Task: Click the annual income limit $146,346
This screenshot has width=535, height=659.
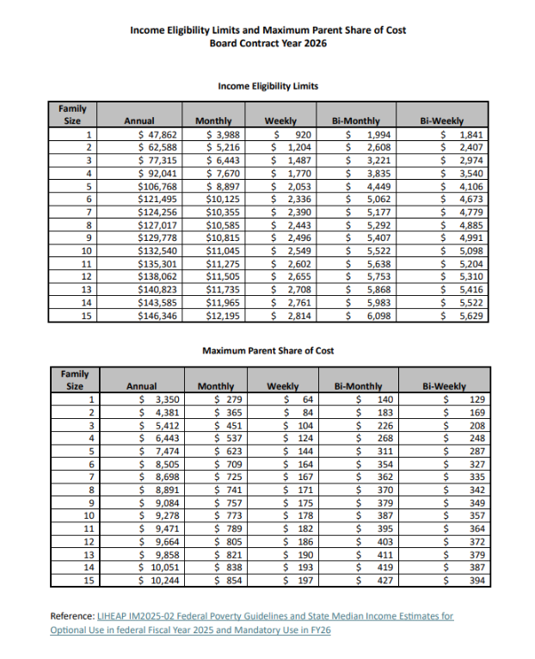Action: coord(157,316)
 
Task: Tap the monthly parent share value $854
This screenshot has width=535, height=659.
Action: coord(225,581)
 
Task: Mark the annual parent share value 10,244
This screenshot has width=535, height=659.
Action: coord(158,581)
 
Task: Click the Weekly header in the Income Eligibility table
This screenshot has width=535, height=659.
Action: coord(285,121)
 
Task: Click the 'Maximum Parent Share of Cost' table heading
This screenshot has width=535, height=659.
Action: coord(267,350)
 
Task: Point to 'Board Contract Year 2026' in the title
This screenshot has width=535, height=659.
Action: coord(267,43)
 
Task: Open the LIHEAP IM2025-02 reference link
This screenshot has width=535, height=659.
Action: coord(275,616)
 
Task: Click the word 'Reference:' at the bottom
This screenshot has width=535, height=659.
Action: coord(72,616)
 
